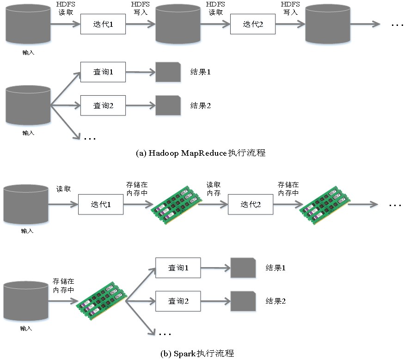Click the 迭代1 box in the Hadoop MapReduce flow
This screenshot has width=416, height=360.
(x=103, y=24)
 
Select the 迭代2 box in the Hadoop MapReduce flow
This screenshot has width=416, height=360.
(x=253, y=24)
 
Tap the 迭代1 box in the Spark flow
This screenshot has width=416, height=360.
(x=101, y=204)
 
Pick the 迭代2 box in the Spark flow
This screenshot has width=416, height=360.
(x=251, y=204)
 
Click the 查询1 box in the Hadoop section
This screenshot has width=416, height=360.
(x=103, y=72)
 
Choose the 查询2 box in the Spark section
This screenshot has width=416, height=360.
(x=178, y=301)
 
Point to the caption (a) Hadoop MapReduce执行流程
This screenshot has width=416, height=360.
(x=201, y=153)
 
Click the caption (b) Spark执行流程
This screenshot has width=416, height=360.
(x=197, y=354)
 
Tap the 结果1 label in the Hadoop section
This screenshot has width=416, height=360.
(x=201, y=72)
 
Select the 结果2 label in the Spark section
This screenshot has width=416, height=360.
(x=275, y=301)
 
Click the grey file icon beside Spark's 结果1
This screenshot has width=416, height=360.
(x=243, y=268)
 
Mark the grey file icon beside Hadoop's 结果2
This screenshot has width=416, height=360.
(x=168, y=105)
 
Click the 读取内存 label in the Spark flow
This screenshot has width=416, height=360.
(x=213, y=189)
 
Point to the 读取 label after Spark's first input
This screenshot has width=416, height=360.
(x=63, y=189)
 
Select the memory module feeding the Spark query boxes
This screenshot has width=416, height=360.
(x=102, y=301)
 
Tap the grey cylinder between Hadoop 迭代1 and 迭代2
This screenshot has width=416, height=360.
(x=178, y=24)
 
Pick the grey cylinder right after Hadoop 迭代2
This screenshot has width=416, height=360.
(x=328, y=24)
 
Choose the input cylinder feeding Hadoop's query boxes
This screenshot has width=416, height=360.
(x=28, y=105)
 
